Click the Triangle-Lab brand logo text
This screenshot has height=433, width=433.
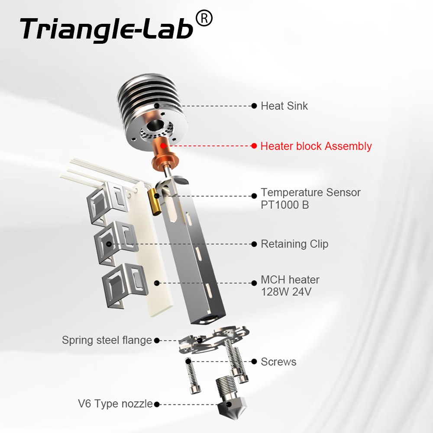[x=106, y=29]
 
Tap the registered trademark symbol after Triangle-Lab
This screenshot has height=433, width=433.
[x=204, y=19]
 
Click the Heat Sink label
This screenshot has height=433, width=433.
[x=284, y=106]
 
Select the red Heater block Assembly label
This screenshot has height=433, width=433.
[x=316, y=146]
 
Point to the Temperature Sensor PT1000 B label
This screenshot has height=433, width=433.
[x=310, y=198]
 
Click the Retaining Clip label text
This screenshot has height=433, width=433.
[x=294, y=244]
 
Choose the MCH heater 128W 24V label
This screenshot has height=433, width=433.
[x=290, y=286]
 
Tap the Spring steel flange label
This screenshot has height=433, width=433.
[x=107, y=340]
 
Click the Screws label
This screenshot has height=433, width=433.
[x=278, y=361]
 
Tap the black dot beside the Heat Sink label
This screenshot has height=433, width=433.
[x=254, y=106]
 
